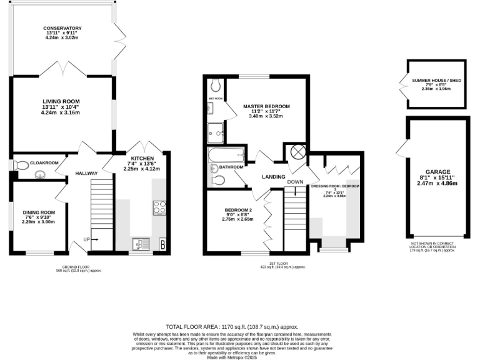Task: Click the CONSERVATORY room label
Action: click(x=62, y=28)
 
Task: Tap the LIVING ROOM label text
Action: click(x=61, y=101)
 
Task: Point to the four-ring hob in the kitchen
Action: click(x=159, y=207)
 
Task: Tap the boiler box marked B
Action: click(x=162, y=244)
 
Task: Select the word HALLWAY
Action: click(x=87, y=173)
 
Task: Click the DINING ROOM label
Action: click(x=39, y=212)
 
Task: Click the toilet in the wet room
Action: click(x=216, y=85)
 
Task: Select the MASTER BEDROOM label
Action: click(x=266, y=107)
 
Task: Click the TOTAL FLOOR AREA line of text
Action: click(x=231, y=326)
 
